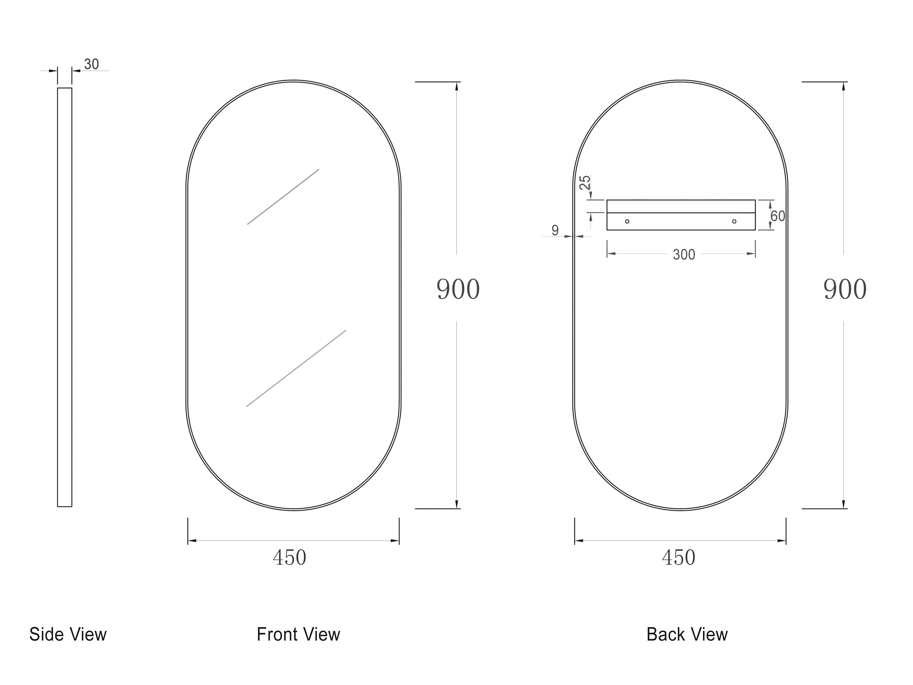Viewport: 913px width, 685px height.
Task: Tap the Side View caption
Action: pyautogui.click(x=68, y=634)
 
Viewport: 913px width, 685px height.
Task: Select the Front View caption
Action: pyautogui.click(x=298, y=634)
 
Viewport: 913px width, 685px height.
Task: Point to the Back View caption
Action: pyautogui.click(x=687, y=634)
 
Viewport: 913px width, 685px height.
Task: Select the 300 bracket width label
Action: pyautogui.click(x=684, y=254)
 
